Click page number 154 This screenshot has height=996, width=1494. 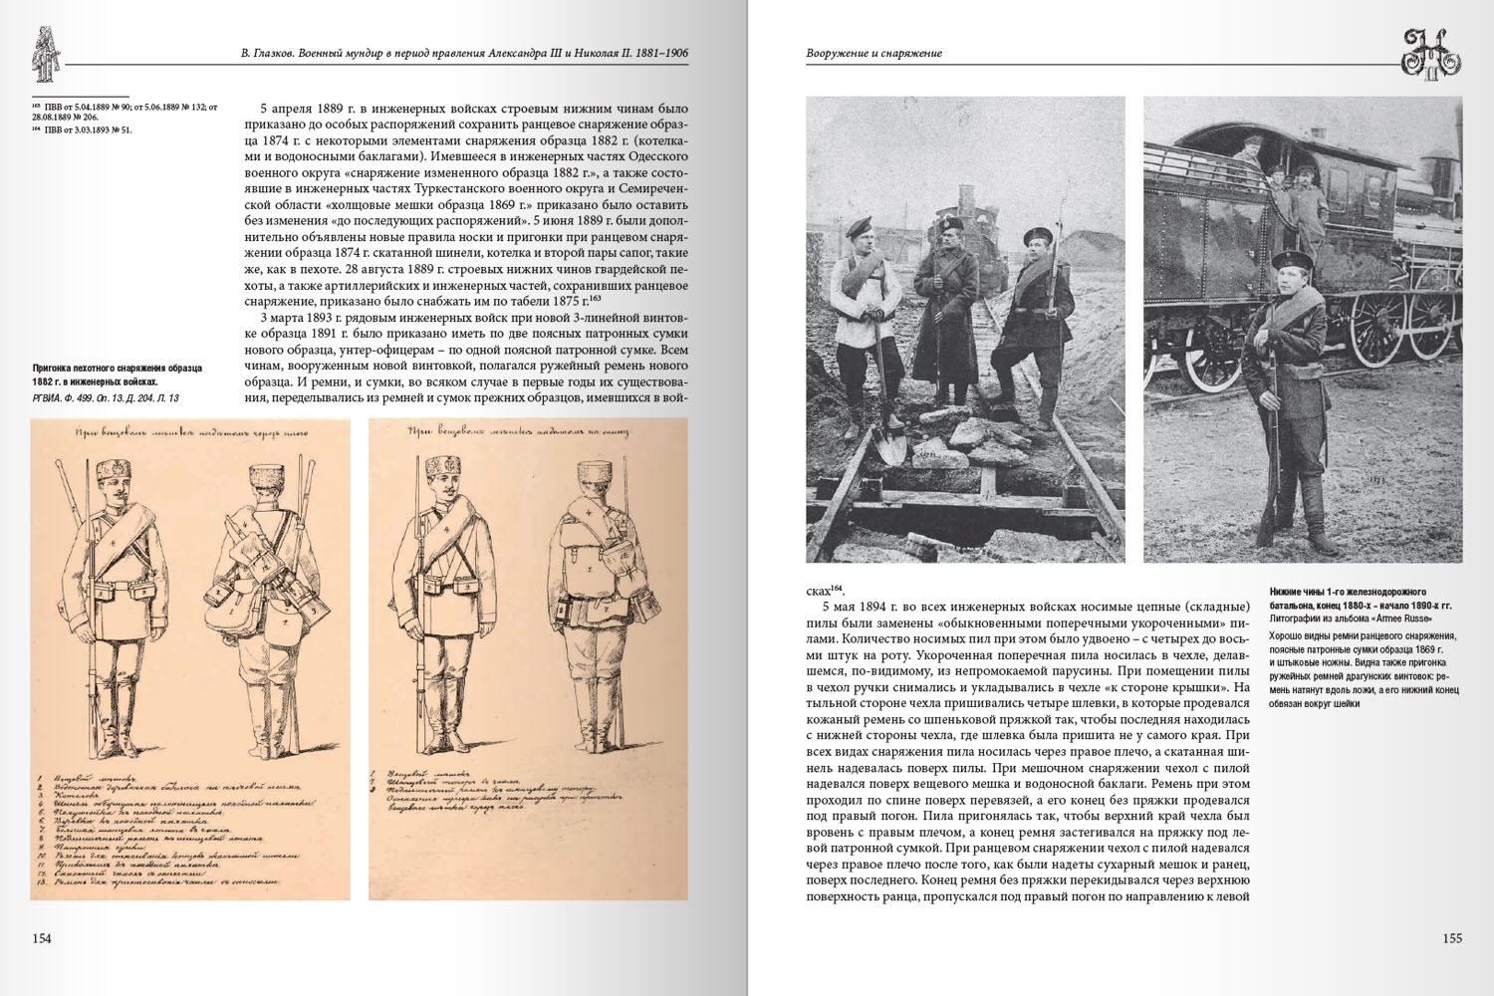click(42, 938)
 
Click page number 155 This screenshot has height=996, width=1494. click(1451, 938)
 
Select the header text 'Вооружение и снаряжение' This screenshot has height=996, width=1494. click(873, 54)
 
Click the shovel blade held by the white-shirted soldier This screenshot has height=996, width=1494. click(891, 443)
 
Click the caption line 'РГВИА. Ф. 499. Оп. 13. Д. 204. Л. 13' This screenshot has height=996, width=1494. click(106, 398)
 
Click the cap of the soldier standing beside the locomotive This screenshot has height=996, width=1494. click(1287, 260)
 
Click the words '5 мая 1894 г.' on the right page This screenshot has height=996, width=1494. click(861, 606)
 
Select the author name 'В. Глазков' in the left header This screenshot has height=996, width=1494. click(268, 54)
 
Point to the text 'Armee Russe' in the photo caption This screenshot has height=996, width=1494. click(1404, 620)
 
